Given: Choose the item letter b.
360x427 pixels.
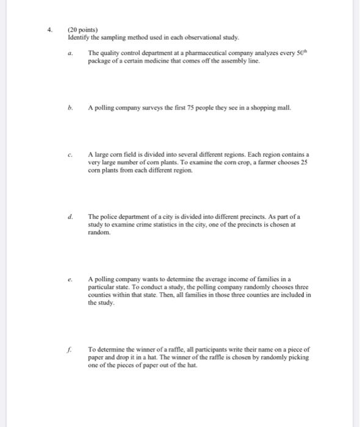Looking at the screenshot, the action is pyautogui.click(x=71, y=107).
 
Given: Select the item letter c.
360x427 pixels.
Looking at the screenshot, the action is pyautogui.click(x=71, y=154).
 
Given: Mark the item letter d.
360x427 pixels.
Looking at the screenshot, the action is pyautogui.click(x=71, y=216).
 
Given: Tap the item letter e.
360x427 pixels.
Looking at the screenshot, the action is pyautogui.click(x=71, y=279).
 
